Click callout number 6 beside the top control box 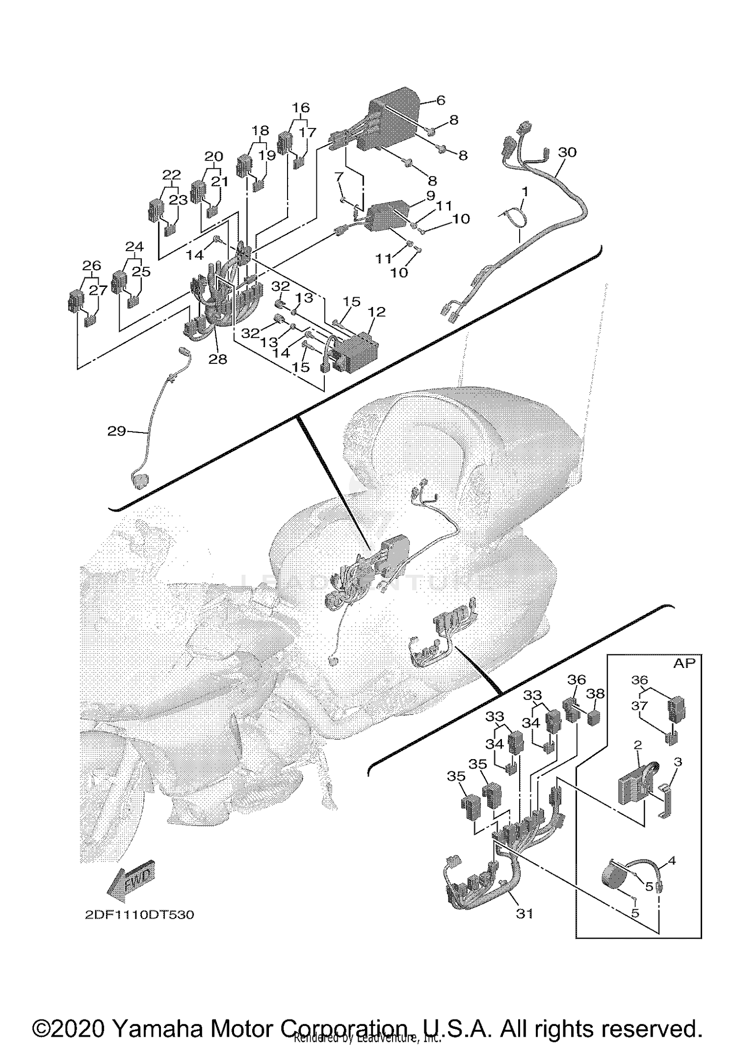tap(440, 101)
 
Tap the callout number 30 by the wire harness tap(567, 153)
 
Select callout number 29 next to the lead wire tap(116, 431)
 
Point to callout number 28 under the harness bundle tap(218, 359)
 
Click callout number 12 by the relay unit tap(377, 311)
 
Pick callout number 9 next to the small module tap(430, 196)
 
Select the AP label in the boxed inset tap(684, 663)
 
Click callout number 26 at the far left tap(92, 266)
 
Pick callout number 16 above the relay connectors tap(301, 107)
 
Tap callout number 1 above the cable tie tap(525, 192)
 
